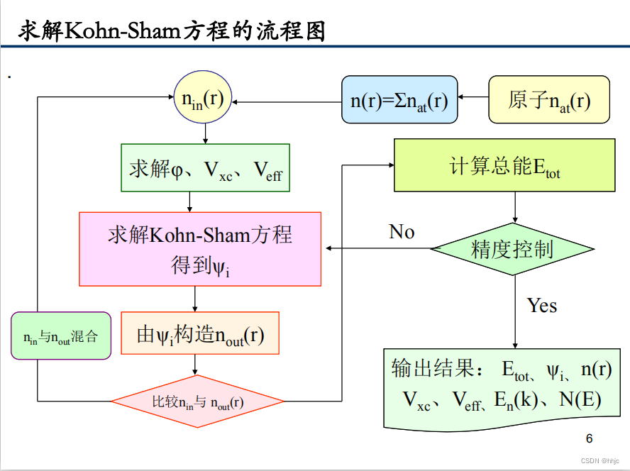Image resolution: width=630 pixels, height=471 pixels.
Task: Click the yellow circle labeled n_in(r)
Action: [x=204, y=97]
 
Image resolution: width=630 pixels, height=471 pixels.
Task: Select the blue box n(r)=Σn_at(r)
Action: [x=399, y=99]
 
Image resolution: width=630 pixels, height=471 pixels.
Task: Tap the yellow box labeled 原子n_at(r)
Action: [x=548, y=99]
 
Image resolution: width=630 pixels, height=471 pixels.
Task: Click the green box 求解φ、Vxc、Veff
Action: [x=205, y=168]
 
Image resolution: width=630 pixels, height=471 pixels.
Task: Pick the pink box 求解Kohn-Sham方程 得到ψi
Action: [x=200, y=249]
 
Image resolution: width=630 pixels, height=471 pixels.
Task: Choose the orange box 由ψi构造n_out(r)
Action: [x=200, y=333]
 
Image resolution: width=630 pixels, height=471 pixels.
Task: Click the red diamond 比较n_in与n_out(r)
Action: [x=198, y=402]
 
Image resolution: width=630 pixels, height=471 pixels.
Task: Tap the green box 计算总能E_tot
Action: [x=504, y=166]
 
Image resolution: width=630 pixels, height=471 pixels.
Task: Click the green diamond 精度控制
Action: [x=512, y=249]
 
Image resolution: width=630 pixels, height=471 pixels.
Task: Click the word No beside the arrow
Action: [x=402, y=232]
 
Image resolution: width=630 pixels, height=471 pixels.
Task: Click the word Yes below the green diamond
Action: [x=541, y=306]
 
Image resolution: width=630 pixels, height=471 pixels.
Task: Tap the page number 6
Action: [x=589, y=437]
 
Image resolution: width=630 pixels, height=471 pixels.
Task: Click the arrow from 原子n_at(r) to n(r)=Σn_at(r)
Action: [x=473, y=99]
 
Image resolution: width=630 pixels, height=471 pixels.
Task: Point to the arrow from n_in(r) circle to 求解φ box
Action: [x=205, y=133]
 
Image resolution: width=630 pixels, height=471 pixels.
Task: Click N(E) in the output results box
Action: [x=580, y=400]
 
